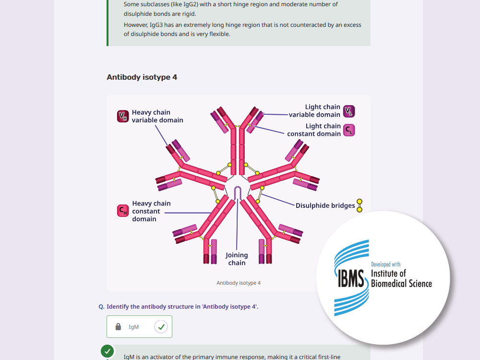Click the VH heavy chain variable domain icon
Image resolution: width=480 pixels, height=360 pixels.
(x=123, y=116)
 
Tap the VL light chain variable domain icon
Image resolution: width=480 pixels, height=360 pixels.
(x=349, y=111)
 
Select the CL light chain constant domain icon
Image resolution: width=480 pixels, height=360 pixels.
(x=349, y=130)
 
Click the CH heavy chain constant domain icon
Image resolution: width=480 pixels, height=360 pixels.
(x=123, y=211)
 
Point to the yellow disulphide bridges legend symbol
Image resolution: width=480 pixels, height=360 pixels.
(x=360, y=205)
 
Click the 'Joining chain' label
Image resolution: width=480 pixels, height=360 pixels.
(x=237, y=259)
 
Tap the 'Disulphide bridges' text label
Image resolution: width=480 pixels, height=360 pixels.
(x=325, y=205)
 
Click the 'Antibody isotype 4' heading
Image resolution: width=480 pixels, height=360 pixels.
(x=142, y=77)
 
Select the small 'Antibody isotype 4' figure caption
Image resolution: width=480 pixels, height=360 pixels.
(x=239, y=283)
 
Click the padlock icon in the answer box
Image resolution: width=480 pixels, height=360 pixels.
(x=118, y=326)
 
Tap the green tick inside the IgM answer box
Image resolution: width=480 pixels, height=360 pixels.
(x=161, y=326)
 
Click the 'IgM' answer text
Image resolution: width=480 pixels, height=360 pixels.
(x=134, y=327)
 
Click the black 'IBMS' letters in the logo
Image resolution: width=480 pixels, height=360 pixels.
(x=351, y=278)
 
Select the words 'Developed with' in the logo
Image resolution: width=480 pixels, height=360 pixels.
(x=386, y=264)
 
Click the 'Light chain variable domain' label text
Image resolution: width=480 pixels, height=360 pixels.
(x=314, y=111)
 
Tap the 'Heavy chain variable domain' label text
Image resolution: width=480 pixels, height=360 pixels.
(x=157, y=116)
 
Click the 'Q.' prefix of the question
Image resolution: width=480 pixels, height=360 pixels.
(x=102, y=307)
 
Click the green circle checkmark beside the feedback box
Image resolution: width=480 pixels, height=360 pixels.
(x=108, y=351)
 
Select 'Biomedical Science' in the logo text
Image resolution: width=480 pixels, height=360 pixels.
(x=401, y=284)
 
